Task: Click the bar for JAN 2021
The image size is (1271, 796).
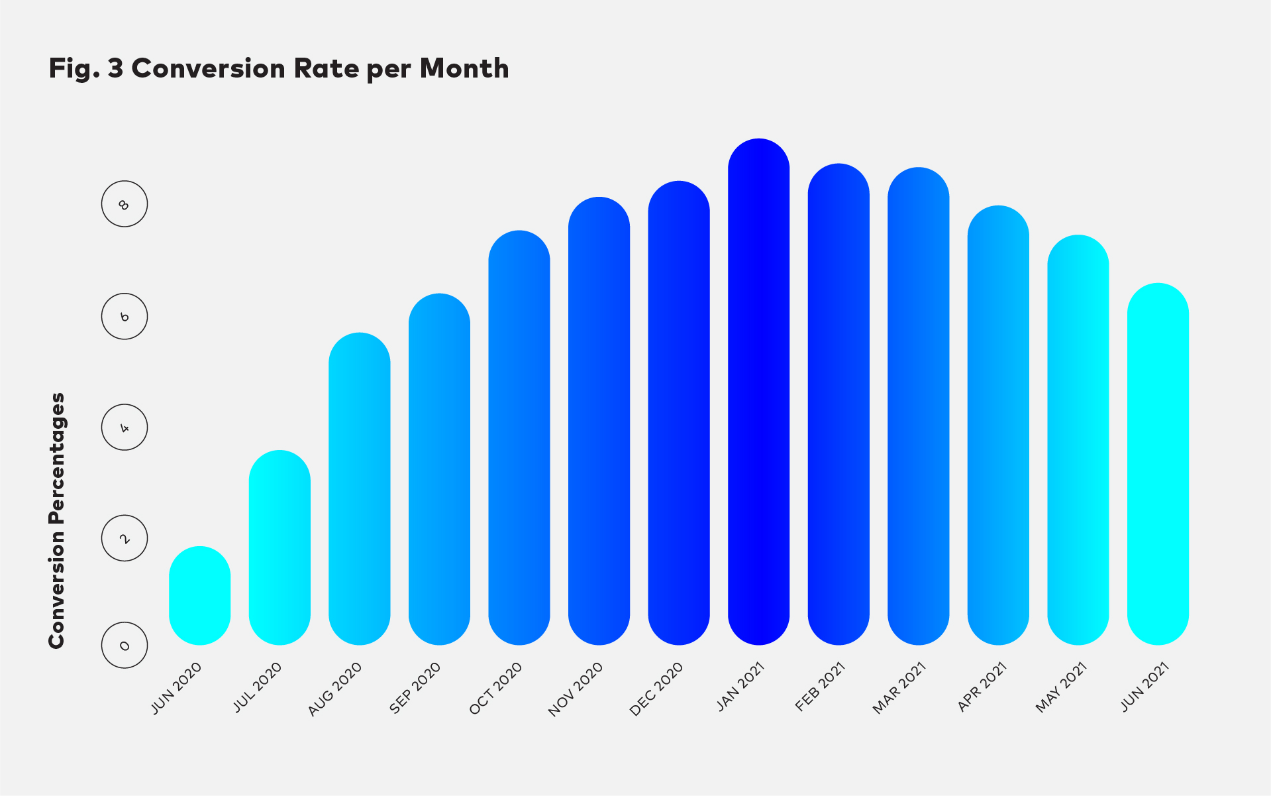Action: (x=758, y=391)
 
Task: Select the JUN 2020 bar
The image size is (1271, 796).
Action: (x=199, y=595)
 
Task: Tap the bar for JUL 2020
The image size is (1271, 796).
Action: (x=280, y=547)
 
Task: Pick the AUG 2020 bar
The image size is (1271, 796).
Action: (x=359, y=488)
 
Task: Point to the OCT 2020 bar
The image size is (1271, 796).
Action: (x=519, y=437)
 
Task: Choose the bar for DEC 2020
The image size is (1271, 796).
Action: (x=678, y=412)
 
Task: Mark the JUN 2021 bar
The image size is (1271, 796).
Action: (x=1157, y=464)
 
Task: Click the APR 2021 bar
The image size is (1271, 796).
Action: (x=997, y=425)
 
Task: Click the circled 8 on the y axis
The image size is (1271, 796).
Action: (x=125, y=203)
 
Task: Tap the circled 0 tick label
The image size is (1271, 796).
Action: (x=125, y=645)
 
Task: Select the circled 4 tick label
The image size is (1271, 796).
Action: (x=125, y=427)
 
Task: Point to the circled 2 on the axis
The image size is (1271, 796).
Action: (x=125, y=538)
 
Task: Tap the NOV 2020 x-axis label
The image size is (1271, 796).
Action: (x=576, y=689)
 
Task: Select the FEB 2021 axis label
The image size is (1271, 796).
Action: (x=821, y=687)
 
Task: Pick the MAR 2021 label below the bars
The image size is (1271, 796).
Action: (x=899, y=688)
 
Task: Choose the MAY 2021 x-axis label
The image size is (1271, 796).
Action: (x=1061, y=687)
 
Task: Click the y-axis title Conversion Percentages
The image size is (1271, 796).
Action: (x=57, y=520)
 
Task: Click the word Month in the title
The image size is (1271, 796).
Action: (x=464, y=69)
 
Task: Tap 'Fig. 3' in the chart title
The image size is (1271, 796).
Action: (x=85, y=69)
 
